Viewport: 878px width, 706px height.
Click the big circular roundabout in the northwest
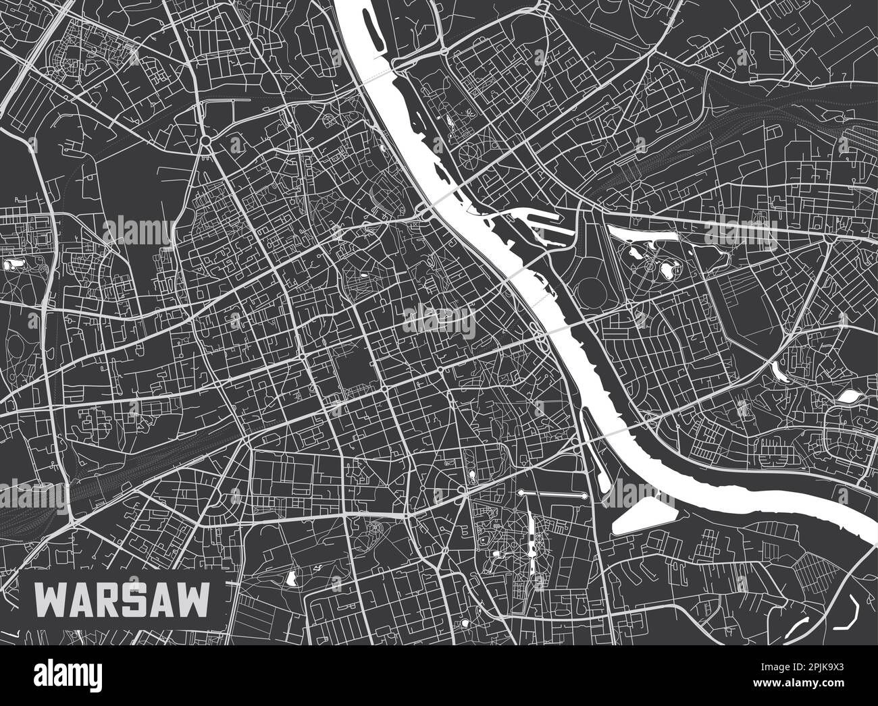coord(205,140)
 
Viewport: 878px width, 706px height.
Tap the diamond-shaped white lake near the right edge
coord(848,396)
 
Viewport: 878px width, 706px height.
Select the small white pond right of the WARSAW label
coord(291,577)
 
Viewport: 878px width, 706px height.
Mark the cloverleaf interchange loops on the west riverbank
coord(538,331)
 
